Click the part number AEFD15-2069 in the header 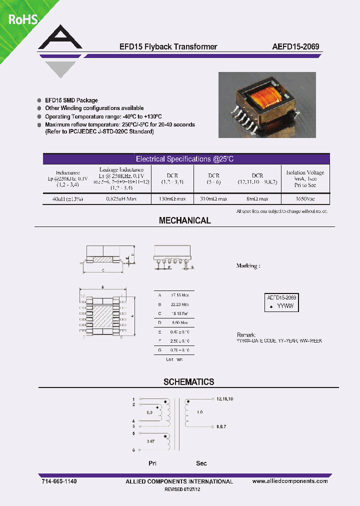pyautogui.click(x=295, y=47)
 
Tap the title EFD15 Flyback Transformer pyautogui.click(x=168, y=47)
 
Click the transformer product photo pyautogui.click(x=267, y=104)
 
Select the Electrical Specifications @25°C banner pyautogui.click(x=185, y=159)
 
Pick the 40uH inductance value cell pyautogui.click(x=67, y=199)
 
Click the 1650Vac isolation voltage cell pyautogui.click(x=305, y=199)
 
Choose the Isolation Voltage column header pyautogui.click(x=305, y=178)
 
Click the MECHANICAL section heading pyautogui.click(x=184, y=220)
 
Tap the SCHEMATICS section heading pyautogui.click(x=188, y=382)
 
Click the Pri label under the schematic pyautogui.click(x=153, y=463)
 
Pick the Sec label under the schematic pyautogui.click(x=201, y=463)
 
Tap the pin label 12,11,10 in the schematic pyautogui.click(x=225, y=399)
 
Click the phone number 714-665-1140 pyautogui.click(x=59, y=481)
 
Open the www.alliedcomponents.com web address pyautogui.click(x=290, y=481)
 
